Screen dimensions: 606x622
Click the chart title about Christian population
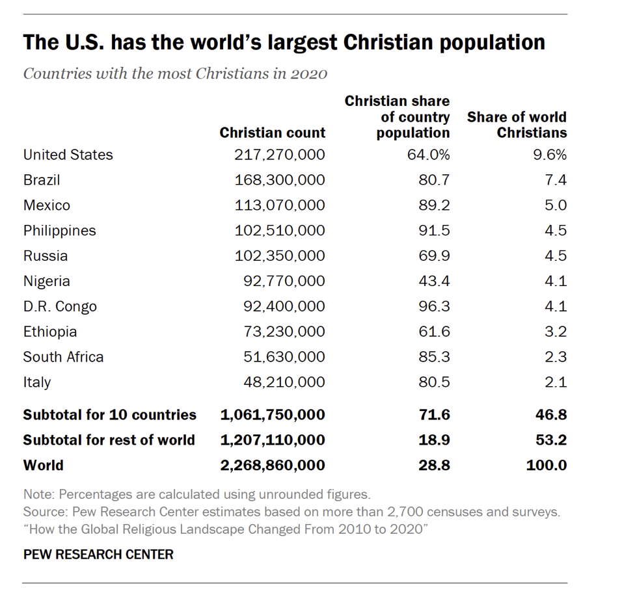(x=284, y=43)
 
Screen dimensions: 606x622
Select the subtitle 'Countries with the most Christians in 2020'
(x=174, y=73)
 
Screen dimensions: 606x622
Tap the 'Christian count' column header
(x=272, y=133)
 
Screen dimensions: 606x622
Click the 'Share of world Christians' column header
(x=517, y=125)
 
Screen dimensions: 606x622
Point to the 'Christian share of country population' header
(x=397, y=117)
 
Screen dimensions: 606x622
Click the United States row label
(x=68, y=155)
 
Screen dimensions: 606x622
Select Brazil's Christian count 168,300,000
(x=280, y=180)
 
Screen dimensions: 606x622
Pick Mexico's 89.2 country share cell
(x=434, y=205)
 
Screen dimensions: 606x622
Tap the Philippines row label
(x=59, y=231)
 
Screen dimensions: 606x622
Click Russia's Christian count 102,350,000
(x=280, y=256)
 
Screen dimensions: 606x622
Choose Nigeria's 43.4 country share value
(x=434, y=282)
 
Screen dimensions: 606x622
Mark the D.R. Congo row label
(x=60, y=307)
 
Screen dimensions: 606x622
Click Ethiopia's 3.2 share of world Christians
(x=556, y=332)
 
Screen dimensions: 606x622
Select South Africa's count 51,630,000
(x=284, y=358)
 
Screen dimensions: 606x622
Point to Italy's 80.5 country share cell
(x=434, y=383)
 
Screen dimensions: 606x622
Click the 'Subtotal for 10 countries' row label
(x=109, y=415)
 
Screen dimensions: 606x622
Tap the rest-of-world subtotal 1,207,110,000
(x=273, y=440)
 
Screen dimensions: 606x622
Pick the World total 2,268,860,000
(x=273, y=466)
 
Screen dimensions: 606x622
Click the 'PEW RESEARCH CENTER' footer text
(x=98, y=555)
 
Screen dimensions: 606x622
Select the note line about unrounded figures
(x=196, y=494)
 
